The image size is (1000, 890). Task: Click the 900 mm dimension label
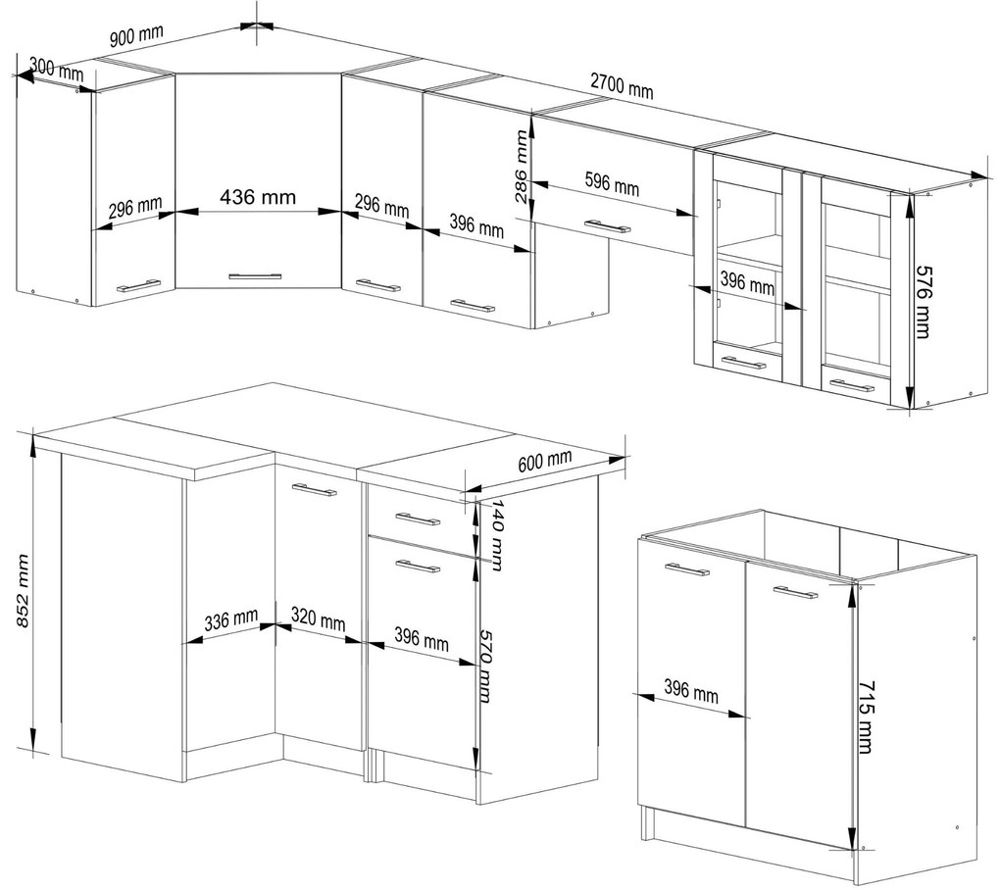tap(136, 35)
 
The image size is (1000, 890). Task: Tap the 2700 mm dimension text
tap(622, 86)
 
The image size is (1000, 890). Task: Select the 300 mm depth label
tap(57, 69)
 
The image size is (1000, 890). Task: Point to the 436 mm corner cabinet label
tap(258, 197)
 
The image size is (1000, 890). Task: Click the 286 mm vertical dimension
tap(522, 167)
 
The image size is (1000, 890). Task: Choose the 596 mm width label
tap(612, 183)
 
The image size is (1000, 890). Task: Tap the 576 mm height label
tap(923, 302)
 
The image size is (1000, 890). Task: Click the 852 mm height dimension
tap(23, 591)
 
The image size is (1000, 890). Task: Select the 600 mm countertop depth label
tap(545, 461)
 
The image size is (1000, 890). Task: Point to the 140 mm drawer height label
tap(498, 535)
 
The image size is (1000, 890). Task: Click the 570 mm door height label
tap(486, 667)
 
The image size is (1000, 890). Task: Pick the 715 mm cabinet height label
tap(865, 717)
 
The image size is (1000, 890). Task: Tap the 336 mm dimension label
tap(231, 619)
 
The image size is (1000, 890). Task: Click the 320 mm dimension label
tap(319, 619)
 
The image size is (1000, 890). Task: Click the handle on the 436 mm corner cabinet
tap(255, 276)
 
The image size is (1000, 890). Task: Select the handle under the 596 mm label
tap(608, 225)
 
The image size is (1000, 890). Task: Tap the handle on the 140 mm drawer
tap(418, 519)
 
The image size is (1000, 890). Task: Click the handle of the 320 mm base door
tap(315, 490)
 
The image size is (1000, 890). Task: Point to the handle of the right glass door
tap(853, 386)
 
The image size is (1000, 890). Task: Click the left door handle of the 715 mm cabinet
tap(686, 569)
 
